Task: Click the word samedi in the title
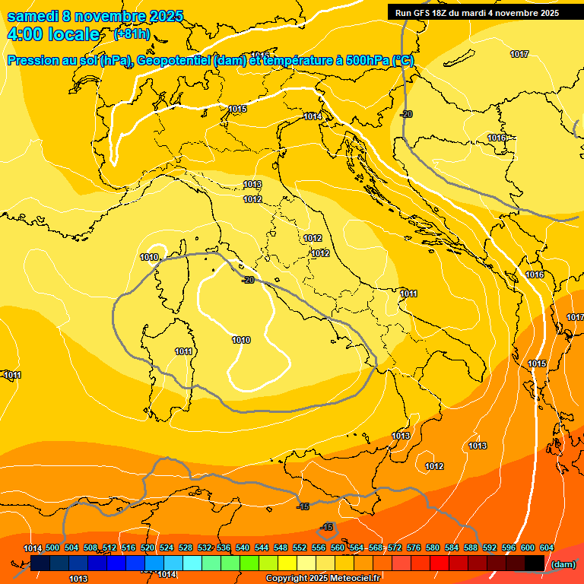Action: click(x=33, y=17)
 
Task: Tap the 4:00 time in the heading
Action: click(x=26, y=35)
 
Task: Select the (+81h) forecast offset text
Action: click(x=132, y=34)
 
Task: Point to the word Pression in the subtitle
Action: click(x=36, y=61)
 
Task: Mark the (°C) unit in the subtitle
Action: click(x=403, y=61)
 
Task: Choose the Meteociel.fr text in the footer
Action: click(x=356, y=579)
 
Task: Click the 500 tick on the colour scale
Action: click(x=52, y=548)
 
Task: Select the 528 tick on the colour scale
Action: click(x=186, y=548)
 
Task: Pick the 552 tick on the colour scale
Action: click(x=300, y=548)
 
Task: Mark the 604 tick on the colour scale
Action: click(x=547, y=548)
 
